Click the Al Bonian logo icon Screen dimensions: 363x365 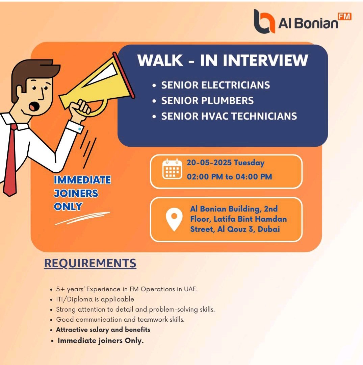[x=264, y=21]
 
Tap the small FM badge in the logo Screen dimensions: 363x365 [x=345, y=17]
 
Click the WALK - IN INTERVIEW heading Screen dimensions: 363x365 [x=223, y=60]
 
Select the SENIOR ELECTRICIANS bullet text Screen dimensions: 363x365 [x=215, y=85]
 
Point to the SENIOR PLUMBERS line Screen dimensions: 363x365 [x=207, y=101]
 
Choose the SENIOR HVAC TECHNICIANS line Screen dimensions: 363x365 [x=229, y=116]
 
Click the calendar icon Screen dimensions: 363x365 [x=172, y=169]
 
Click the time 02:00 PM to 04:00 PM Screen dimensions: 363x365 [x=229, y=177]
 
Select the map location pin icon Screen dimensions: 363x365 [x=174, y=219]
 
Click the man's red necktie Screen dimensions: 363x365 [x=11, y=161]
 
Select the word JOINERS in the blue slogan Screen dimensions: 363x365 [x=76, y=193]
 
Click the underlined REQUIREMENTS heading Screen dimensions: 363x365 [x=90, y=263]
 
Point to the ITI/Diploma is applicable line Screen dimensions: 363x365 [x=95, y=299]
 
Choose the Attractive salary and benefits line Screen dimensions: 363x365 [x=103, y=330]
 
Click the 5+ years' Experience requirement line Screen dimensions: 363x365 [x=127, y=289]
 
